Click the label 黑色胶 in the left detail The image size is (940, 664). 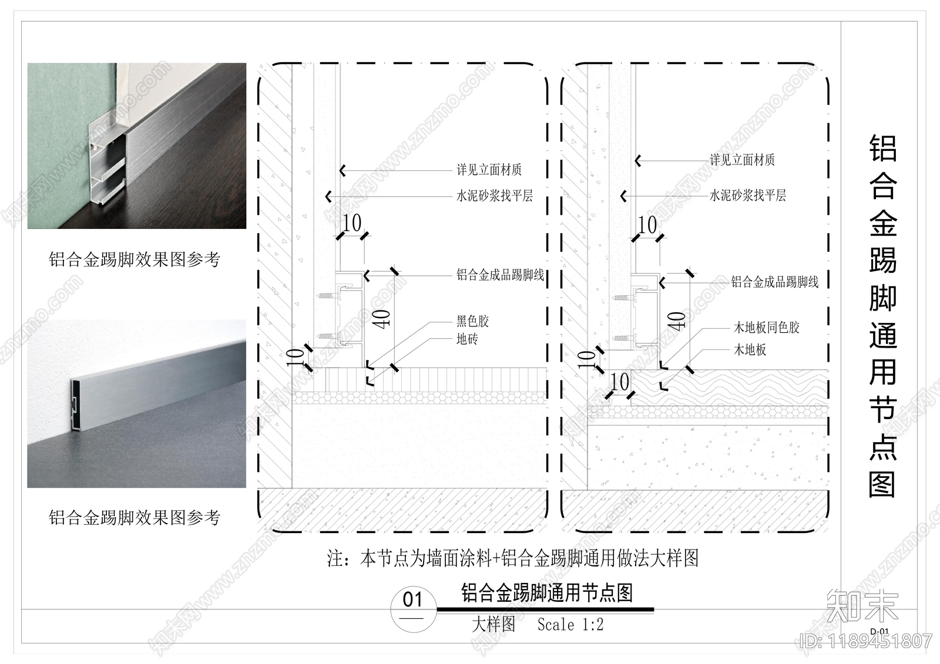click(472, 321)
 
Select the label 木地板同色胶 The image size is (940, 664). click(766, 327)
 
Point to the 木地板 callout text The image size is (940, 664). click(750, 350)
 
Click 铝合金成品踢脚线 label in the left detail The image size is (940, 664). click(500, 275)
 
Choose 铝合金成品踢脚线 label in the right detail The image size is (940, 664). click(774, 282)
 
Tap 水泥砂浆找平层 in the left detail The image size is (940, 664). click(494, 196)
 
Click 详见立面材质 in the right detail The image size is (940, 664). click(742, 159)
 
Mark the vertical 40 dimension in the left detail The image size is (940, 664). click(382, 319)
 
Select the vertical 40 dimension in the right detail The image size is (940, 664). click(677, 321)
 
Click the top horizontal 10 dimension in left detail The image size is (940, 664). click(351, 224)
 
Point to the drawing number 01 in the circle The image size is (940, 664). click(412, 599)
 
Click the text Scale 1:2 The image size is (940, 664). click(570, 625)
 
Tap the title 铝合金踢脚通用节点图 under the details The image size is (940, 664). click(547, 593)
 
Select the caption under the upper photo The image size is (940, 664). click(134, 259)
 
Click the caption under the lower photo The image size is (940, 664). click(134, 517)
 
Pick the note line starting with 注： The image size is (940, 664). click(513, 558)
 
